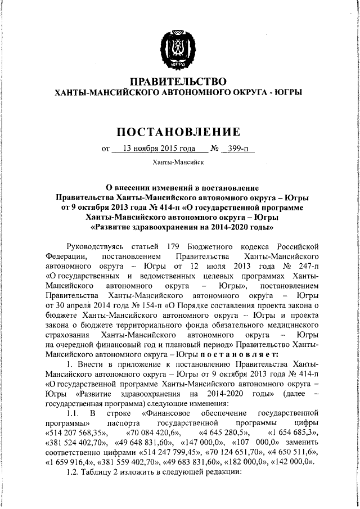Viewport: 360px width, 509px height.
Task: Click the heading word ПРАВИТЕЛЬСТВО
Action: tap(178, 82)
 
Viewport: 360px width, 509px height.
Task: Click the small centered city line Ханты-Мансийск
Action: tap(178, 163)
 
